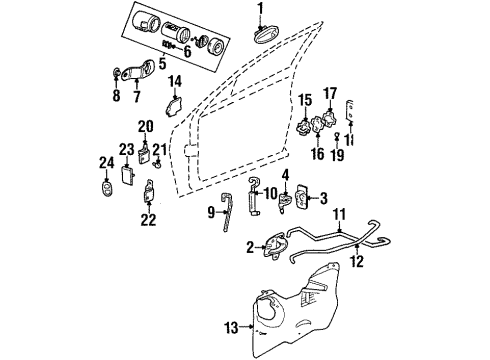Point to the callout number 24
coord(105,162)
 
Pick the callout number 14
coord(175,81)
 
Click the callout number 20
coord(146,126)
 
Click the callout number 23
coord(126,150)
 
